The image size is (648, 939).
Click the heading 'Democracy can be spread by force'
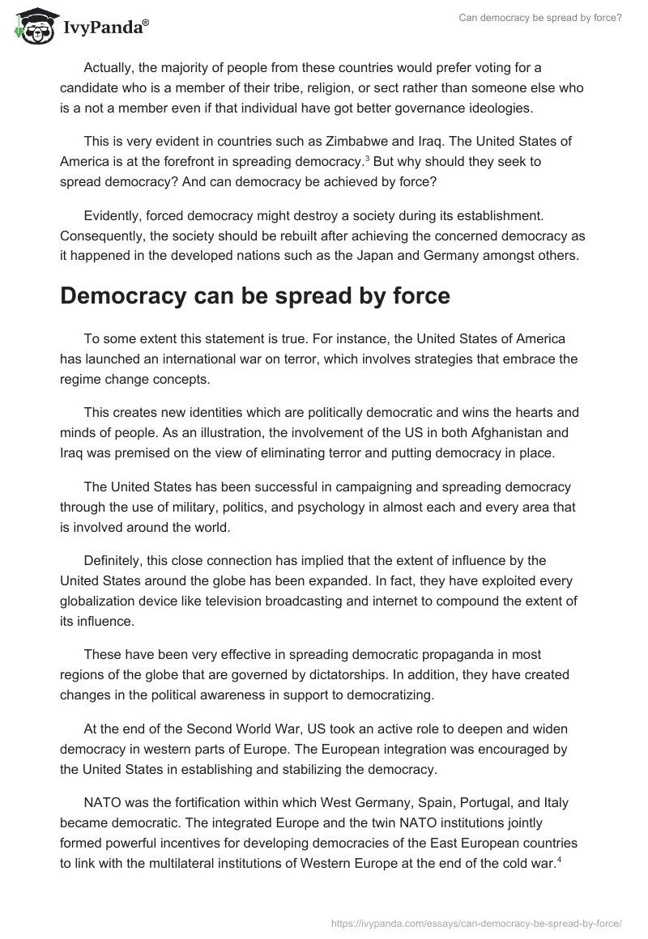point(254,295)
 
